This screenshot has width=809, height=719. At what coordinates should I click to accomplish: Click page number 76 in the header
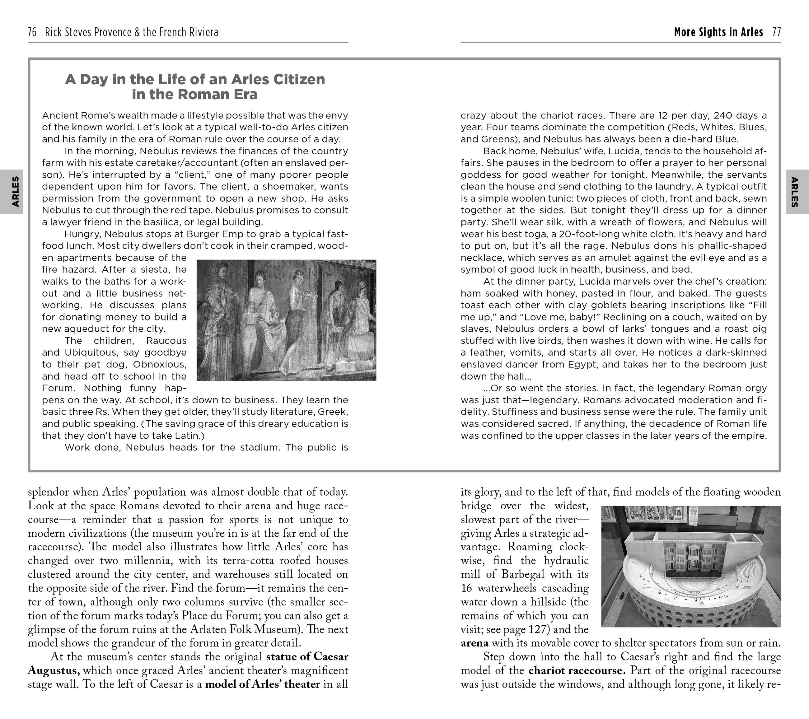coord(32,32)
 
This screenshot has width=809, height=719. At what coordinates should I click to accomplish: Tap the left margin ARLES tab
coord(12,192)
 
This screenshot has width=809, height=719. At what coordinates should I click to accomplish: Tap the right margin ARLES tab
coord(797,192)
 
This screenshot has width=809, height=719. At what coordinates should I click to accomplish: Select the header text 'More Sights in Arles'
coord(718,32)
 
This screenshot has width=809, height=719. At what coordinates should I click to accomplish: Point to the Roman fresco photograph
coord(286,320)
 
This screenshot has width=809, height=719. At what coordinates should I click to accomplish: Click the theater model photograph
coord(691,566)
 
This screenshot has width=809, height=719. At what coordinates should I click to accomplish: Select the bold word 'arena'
coord(475,643)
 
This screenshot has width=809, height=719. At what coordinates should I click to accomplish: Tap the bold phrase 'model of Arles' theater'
coord(262,684)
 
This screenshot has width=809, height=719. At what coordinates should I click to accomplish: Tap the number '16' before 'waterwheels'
coord(467,588)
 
